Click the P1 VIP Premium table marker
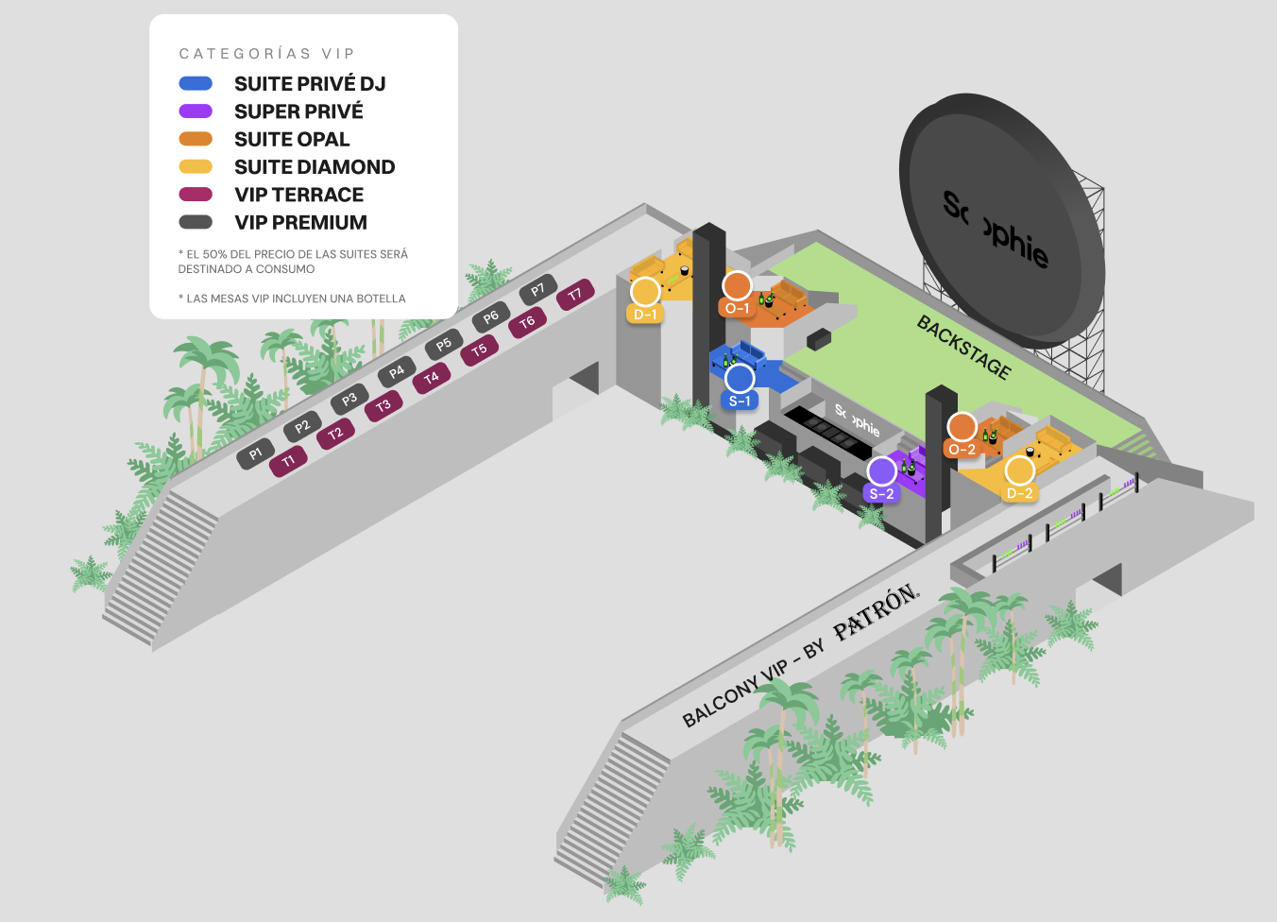pos(255,453)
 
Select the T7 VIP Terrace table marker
pos(575,294)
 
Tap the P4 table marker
pos(397,372)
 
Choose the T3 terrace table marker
pos(383,405)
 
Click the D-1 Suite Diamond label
pos(645,315)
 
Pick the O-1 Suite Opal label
pos(737,309)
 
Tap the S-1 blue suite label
pos(740,401)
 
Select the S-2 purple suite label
pos(881,494)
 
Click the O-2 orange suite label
pos(962,450)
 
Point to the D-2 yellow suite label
pos(1019,493)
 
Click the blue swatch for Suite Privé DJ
pos(196,84)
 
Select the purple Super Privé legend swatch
pos(196,111)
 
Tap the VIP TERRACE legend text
pos(299,195)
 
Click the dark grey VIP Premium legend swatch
pos(196,222)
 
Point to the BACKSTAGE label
pos(964,348)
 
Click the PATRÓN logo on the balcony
pos(877,612)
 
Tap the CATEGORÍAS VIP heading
pos(266,54)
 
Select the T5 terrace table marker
pos(479,350)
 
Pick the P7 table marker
pos(537,290)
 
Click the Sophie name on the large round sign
pos(996,230)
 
